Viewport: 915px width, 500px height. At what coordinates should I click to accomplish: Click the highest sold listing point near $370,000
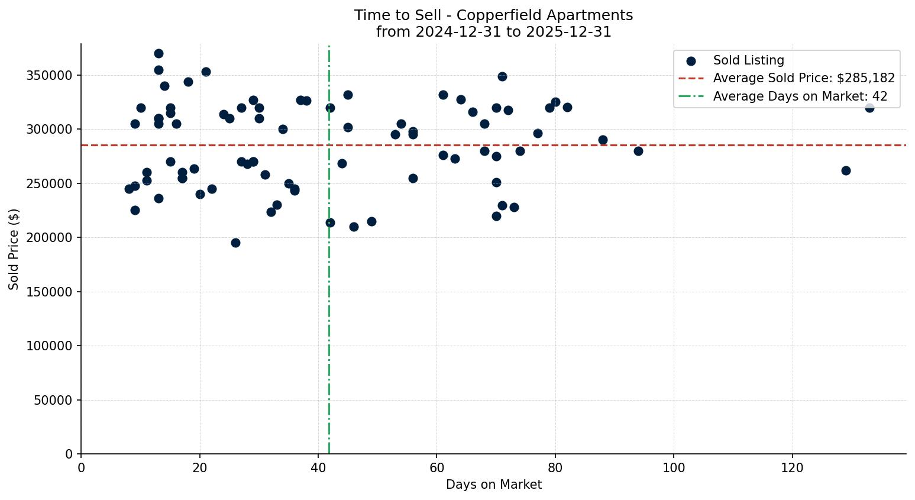159,54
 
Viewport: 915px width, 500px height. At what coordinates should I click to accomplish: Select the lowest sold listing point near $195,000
235,243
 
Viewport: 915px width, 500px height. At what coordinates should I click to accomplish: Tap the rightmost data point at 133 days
869,108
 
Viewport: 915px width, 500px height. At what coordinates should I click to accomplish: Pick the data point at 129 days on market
845,170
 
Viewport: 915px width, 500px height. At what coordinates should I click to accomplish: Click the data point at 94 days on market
638,151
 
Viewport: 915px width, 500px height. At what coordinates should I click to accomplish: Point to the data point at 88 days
603,140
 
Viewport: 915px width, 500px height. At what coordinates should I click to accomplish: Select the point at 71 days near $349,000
502,76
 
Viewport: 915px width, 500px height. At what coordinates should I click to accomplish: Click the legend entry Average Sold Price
803,78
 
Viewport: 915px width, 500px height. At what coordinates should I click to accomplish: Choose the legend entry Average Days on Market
800,96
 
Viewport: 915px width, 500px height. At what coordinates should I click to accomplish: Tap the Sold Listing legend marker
691,61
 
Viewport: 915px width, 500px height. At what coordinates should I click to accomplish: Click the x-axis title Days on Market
493,485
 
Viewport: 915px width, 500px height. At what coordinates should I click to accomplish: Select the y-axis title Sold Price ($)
14,249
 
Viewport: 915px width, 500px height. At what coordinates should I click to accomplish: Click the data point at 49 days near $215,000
371,221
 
